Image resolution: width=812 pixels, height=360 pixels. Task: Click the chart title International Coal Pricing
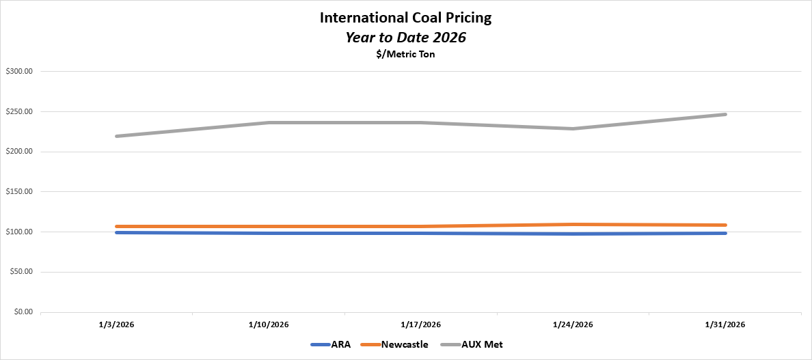tap(405, 18)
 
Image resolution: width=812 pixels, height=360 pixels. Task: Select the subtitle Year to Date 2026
tap(405, 38)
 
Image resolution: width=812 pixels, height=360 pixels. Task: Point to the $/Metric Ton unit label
tap(405, 55)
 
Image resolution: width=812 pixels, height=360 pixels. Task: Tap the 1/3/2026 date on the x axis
tap(117, 324)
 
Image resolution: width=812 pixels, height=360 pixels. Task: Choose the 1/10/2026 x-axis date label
tap(269, 324)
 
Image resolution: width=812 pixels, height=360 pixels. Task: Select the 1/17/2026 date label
tap(421, 324)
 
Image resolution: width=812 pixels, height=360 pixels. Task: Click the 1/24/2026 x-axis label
tap(573, 324)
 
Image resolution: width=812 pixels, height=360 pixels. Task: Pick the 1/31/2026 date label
tap(725, 324)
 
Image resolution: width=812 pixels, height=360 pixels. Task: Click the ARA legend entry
tap(340, 344)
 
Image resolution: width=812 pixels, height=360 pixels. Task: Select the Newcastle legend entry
tap(405, 344)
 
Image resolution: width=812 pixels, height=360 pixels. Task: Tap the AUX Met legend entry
tap(483, 344)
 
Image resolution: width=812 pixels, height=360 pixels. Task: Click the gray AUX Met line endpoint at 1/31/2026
tap(725, 114)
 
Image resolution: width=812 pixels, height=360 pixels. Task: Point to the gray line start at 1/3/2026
tap(118, 136)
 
